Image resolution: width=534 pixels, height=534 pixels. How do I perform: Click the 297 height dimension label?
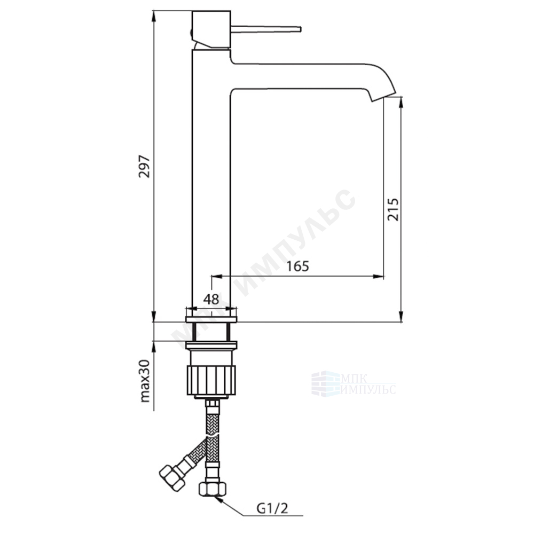[144, 166]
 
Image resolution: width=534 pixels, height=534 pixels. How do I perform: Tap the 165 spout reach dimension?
[297, 266]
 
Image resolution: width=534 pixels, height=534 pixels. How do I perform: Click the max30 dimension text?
[145, 381]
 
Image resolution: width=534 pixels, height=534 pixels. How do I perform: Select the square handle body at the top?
[211, 29]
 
